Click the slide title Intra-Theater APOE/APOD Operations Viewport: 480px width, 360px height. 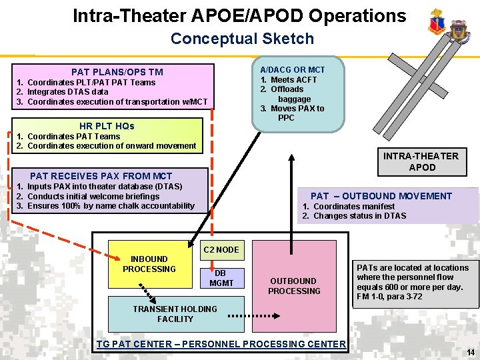[239, 16]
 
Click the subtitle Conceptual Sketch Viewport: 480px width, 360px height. [242, 39]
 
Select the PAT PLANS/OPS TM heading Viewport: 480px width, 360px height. [117, 72]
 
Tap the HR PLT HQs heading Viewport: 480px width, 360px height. [107, 126]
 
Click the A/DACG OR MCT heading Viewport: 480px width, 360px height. [293, 70]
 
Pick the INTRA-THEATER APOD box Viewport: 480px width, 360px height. [421, 162]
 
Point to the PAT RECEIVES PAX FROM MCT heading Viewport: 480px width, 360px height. [101, 176]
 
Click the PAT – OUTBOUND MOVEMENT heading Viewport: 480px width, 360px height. [381, 196]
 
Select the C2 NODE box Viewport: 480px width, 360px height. [221, 250]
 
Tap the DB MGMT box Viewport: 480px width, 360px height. [221, 278]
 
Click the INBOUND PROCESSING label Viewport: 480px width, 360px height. [149, 264]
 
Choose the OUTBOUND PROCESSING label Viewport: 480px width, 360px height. [294, 286]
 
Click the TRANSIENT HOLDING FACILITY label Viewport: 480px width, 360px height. [175, 314]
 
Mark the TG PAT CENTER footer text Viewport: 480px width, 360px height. [221, 344]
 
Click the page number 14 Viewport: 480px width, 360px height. [470, 352]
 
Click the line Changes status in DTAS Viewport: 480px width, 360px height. [359, 216]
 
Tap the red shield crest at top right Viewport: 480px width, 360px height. [437, 23]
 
